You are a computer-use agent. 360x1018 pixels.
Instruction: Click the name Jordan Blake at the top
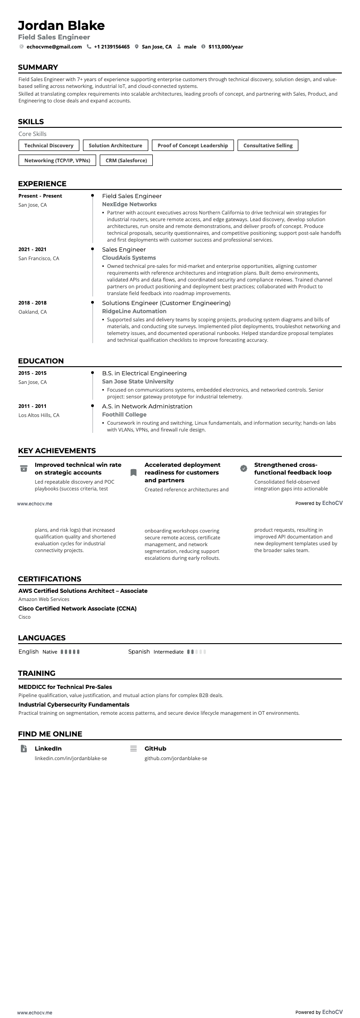[x=61, y=25]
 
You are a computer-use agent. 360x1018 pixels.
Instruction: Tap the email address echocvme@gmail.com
[x=54, y=47]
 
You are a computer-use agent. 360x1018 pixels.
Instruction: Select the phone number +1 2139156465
[x=112, y=47]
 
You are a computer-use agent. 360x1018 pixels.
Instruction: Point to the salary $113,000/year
[x=226, y=47]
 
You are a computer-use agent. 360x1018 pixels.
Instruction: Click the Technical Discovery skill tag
[x=49, y=145]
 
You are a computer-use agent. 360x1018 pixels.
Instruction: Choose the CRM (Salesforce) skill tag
[x=126, y=160]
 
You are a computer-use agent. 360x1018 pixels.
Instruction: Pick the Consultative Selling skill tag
[x=268, y=145]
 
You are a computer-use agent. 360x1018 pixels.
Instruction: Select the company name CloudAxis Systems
[x=129, y=258]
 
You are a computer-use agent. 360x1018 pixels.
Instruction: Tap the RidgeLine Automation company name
[x=134, y=311]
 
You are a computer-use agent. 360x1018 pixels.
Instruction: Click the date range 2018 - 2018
[x=32, y=303]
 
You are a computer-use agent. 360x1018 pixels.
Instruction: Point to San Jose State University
[x=138, y=382]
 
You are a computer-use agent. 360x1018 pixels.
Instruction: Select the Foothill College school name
[x=124, y=415]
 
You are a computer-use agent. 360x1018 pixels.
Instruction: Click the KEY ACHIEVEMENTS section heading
[x=57, y=451]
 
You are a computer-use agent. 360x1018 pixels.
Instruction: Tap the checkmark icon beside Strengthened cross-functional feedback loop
[x=243, y=468]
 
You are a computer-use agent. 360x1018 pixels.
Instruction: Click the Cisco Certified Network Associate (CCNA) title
[x=78, y=608]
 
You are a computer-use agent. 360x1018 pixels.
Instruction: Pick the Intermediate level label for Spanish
[x=169, y=652]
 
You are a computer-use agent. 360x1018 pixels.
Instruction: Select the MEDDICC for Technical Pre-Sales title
[x=65, y=687]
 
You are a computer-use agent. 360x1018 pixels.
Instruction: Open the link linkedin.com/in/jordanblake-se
[x=71, y=758]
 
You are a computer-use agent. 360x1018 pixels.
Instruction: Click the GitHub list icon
[x=133, y=749]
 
